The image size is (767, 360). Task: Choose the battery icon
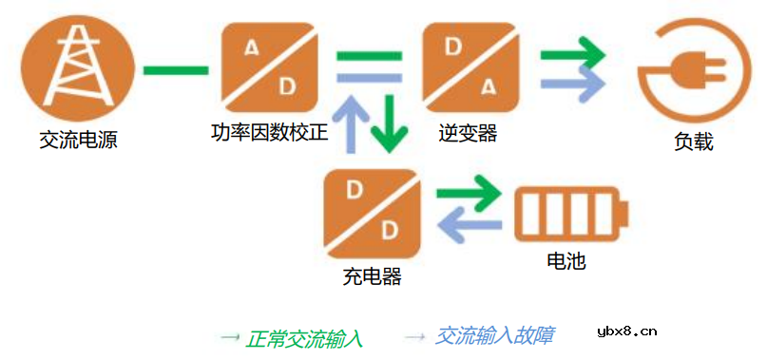[571, 215]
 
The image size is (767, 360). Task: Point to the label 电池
[566, 260]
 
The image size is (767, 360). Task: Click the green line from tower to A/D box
[175, 70]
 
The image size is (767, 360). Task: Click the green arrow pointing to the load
[572, 54]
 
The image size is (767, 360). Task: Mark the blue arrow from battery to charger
[468, 229]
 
